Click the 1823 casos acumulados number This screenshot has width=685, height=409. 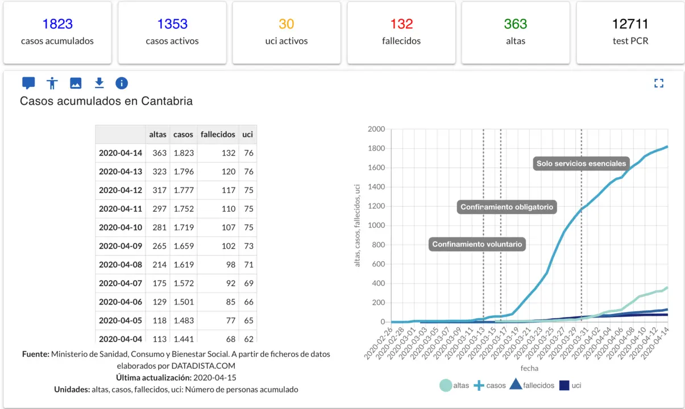point(57,24)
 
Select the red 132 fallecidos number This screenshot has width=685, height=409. point(401,24)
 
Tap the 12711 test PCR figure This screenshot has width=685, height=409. point(630,24)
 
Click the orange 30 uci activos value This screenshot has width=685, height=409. point(287,24)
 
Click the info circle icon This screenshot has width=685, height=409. point(122,84)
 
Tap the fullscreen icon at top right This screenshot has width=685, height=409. point(659,84)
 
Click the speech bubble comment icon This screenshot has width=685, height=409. point(28,84)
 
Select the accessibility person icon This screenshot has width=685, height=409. point(52,84)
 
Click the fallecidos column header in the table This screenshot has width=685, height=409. point(218,135)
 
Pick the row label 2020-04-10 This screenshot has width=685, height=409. point(121,227)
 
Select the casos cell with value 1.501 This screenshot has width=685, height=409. point(183,302)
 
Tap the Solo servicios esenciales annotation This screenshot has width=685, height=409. point(581,164)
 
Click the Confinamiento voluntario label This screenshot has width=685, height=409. point(476,244)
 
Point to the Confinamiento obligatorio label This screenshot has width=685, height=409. point(507,207)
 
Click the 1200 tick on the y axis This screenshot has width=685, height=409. point(376,207)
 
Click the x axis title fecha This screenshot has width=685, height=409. point(529,369)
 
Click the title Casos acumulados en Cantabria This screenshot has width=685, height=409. point(106,101)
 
